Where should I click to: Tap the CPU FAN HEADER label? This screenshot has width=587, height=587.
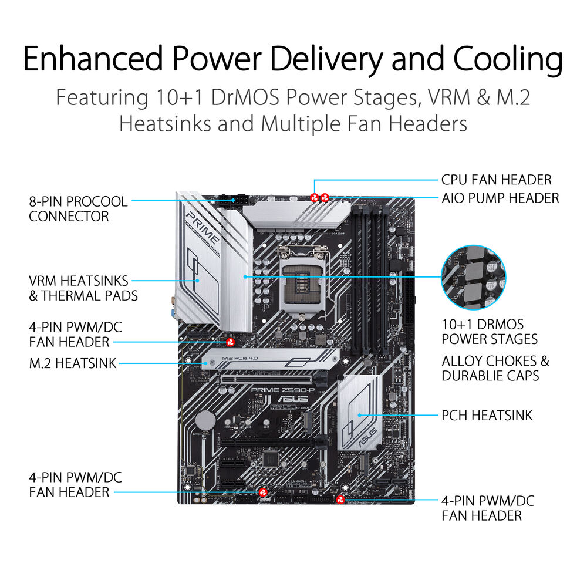tap(496, 180)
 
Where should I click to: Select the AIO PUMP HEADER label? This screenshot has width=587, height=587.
tap(500, 198)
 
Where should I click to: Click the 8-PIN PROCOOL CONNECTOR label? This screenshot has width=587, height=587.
tap(78, 209)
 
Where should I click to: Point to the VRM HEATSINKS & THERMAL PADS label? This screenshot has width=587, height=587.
tap(83, 288)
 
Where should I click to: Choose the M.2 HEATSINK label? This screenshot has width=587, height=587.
tap(73, 364)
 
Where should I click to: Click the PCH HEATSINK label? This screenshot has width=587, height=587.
tap(487, 416)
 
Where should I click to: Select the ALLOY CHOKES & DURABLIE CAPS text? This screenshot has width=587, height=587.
tap(495, 368)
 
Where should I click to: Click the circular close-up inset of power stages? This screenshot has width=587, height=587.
tap(473, 277)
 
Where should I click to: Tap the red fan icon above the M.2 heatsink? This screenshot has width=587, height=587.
tap(231, 342)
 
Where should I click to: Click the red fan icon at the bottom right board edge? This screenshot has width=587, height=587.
tap(340, 500)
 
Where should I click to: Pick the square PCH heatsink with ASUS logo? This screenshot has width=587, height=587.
tap(360, 413)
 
